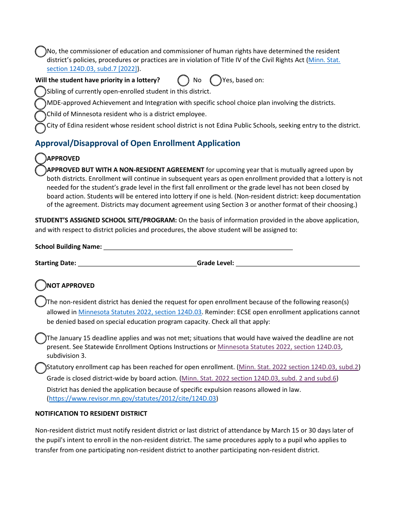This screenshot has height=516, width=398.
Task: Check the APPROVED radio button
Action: coord(41,158)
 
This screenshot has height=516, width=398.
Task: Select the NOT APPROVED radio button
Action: coord(41,285)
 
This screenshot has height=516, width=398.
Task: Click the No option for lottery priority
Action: coord(183,80)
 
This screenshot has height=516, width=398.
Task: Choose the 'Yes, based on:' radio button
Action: coord(215,80)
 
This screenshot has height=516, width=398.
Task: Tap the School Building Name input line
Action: coord(198,247)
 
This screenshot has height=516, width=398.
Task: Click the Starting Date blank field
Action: coord(137,263)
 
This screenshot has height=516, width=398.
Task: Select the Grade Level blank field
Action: coord(297,263)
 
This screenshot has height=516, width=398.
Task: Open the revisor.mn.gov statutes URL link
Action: coord(132,399)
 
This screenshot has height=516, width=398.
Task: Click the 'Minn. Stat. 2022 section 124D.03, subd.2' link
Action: coord(298,367)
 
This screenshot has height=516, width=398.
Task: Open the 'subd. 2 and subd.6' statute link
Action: coord(258,378)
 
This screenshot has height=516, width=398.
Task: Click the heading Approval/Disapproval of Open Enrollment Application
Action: coord(137,143)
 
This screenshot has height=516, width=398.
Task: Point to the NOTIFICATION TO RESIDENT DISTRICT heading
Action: coord(91,414)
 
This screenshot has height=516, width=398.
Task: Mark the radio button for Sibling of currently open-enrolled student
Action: coord(40,91)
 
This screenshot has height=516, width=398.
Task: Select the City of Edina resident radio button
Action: coord(40,128)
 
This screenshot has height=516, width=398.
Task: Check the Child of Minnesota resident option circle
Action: coord(40,116)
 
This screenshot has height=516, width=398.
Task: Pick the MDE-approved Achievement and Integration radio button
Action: coord(40,103)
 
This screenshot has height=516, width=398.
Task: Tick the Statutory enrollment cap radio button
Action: coord(41,368)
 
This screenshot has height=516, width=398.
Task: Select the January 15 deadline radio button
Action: coord(41,338)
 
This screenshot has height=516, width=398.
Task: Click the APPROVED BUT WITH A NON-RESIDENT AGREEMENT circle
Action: coord(41,170)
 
